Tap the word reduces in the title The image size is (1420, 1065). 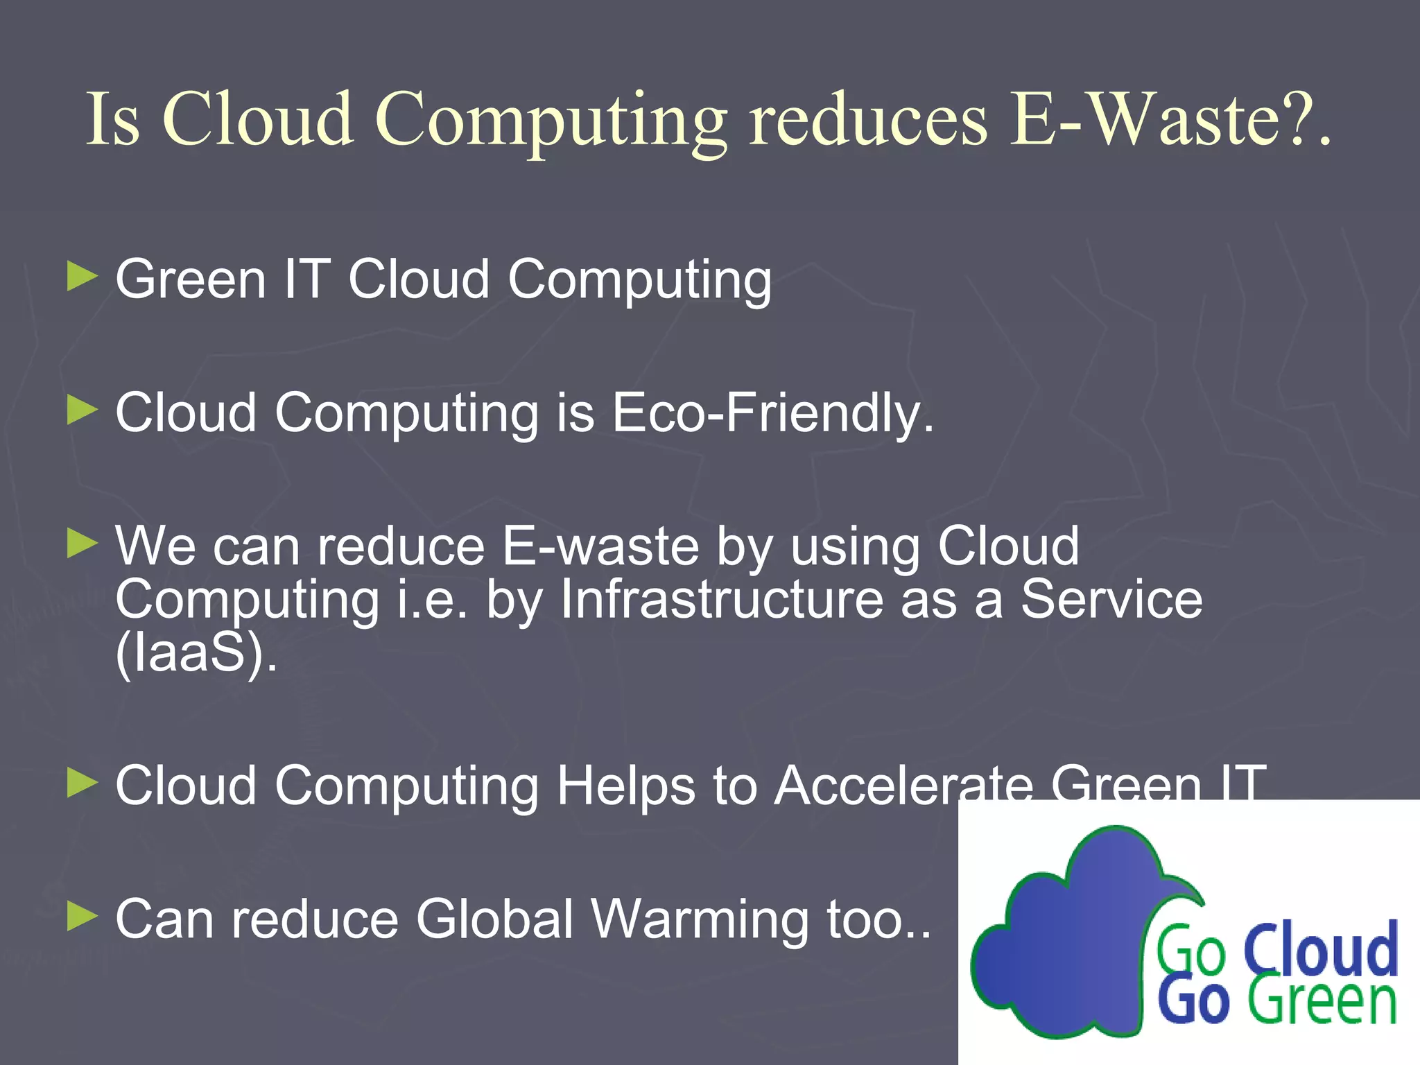pos(868,119)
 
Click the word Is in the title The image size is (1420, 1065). pos(113,119)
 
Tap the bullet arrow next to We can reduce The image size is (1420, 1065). pos(83,544)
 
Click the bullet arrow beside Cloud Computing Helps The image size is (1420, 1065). pos(83,783)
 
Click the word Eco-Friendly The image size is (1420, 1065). pos(772,413)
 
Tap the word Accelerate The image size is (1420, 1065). pos(903,786)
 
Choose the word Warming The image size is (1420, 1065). pos(700,919)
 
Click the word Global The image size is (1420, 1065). pos(495,919)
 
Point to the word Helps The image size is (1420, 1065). pos(626,786)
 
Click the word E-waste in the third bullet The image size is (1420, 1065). pos(600,546)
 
